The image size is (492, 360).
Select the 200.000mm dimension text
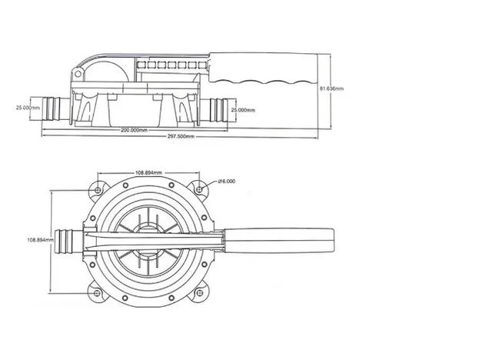click(135, 130)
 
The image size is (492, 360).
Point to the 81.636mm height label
click(331, 88)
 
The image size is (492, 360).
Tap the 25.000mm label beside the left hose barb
click(28, 108)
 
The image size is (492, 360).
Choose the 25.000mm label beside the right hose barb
click(243, 110)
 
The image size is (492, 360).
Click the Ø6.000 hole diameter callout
click(226, 182)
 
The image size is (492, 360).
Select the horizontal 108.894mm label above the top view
click(148, 172)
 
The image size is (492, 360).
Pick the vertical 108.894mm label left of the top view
click(41, 240)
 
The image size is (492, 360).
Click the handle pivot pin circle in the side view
click(78, 74)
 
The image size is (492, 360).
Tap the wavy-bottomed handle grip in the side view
click(264, 68)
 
